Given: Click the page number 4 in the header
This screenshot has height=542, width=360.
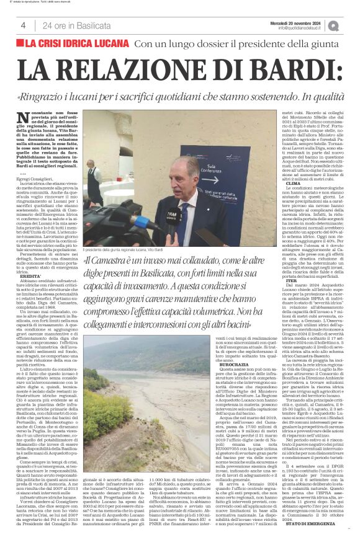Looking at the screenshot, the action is pos(23,25).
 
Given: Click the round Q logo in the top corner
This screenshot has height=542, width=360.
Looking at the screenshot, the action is pos(334,25).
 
